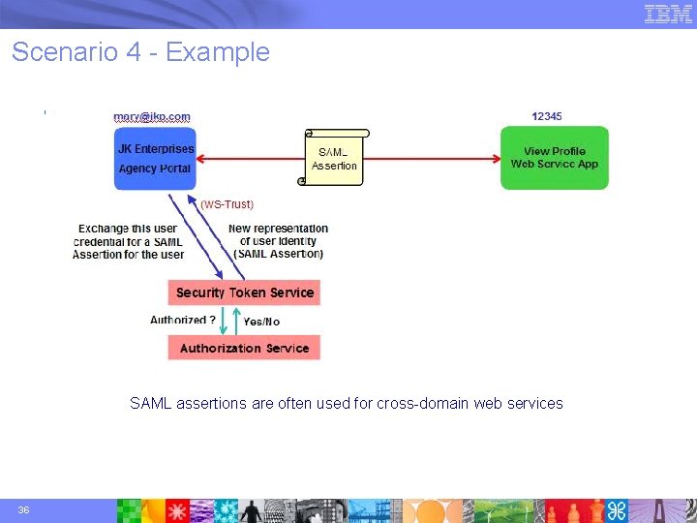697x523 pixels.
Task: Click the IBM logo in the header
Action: pos(669,14)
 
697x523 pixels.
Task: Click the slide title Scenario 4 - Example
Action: pos(140,52)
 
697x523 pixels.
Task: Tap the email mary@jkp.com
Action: pos(152,116)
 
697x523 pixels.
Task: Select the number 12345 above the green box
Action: pos(547,116)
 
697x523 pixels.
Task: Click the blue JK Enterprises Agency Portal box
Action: pos(154,158)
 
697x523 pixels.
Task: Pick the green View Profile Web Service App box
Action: pos(555,158)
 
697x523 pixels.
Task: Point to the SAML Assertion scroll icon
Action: pos(335,157)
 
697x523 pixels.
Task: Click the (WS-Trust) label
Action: pos(227,204)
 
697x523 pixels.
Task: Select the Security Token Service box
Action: pos(244,292)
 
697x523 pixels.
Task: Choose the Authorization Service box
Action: pos(244,348)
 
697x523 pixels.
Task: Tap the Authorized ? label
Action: pos(182,321)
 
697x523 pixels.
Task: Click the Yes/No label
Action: pos(261,322)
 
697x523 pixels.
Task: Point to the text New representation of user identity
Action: pos(279,241)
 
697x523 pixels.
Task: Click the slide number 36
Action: pos(22,510)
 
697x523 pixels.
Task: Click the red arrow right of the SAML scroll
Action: pos(436,158)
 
